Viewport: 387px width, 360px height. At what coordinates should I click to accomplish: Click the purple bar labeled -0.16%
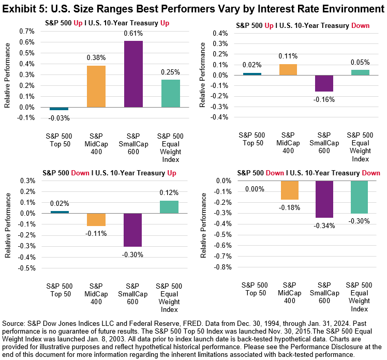pyautogui.click(x=324, y=83)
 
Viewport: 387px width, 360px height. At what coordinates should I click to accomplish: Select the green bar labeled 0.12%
pyautogui.click(x=168, y=207)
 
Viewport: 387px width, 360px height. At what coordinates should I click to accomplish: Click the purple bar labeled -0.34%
pyautogui.click(x=324, y=199)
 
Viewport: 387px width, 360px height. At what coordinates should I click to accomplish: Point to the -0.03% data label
pyautogui.click(x=59, y=118)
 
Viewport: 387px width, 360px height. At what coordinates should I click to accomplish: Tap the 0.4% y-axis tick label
pyautogui.click(x=222, y=33)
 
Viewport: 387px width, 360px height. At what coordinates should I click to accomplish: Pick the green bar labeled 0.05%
pyautogui.click(x=361, y=72)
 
